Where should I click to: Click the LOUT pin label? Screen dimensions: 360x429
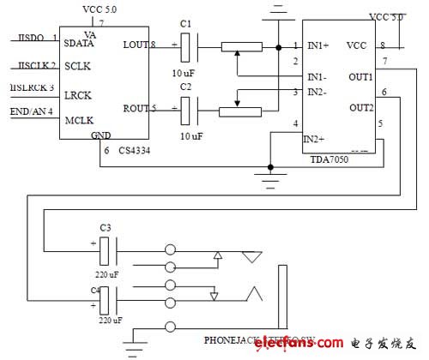point(136,45)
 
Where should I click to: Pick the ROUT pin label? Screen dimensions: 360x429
point(136,108)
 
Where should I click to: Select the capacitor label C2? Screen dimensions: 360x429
point(187,88)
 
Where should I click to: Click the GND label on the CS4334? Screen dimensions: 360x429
point(101,135)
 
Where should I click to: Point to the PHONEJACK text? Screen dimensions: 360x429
point(232,336)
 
